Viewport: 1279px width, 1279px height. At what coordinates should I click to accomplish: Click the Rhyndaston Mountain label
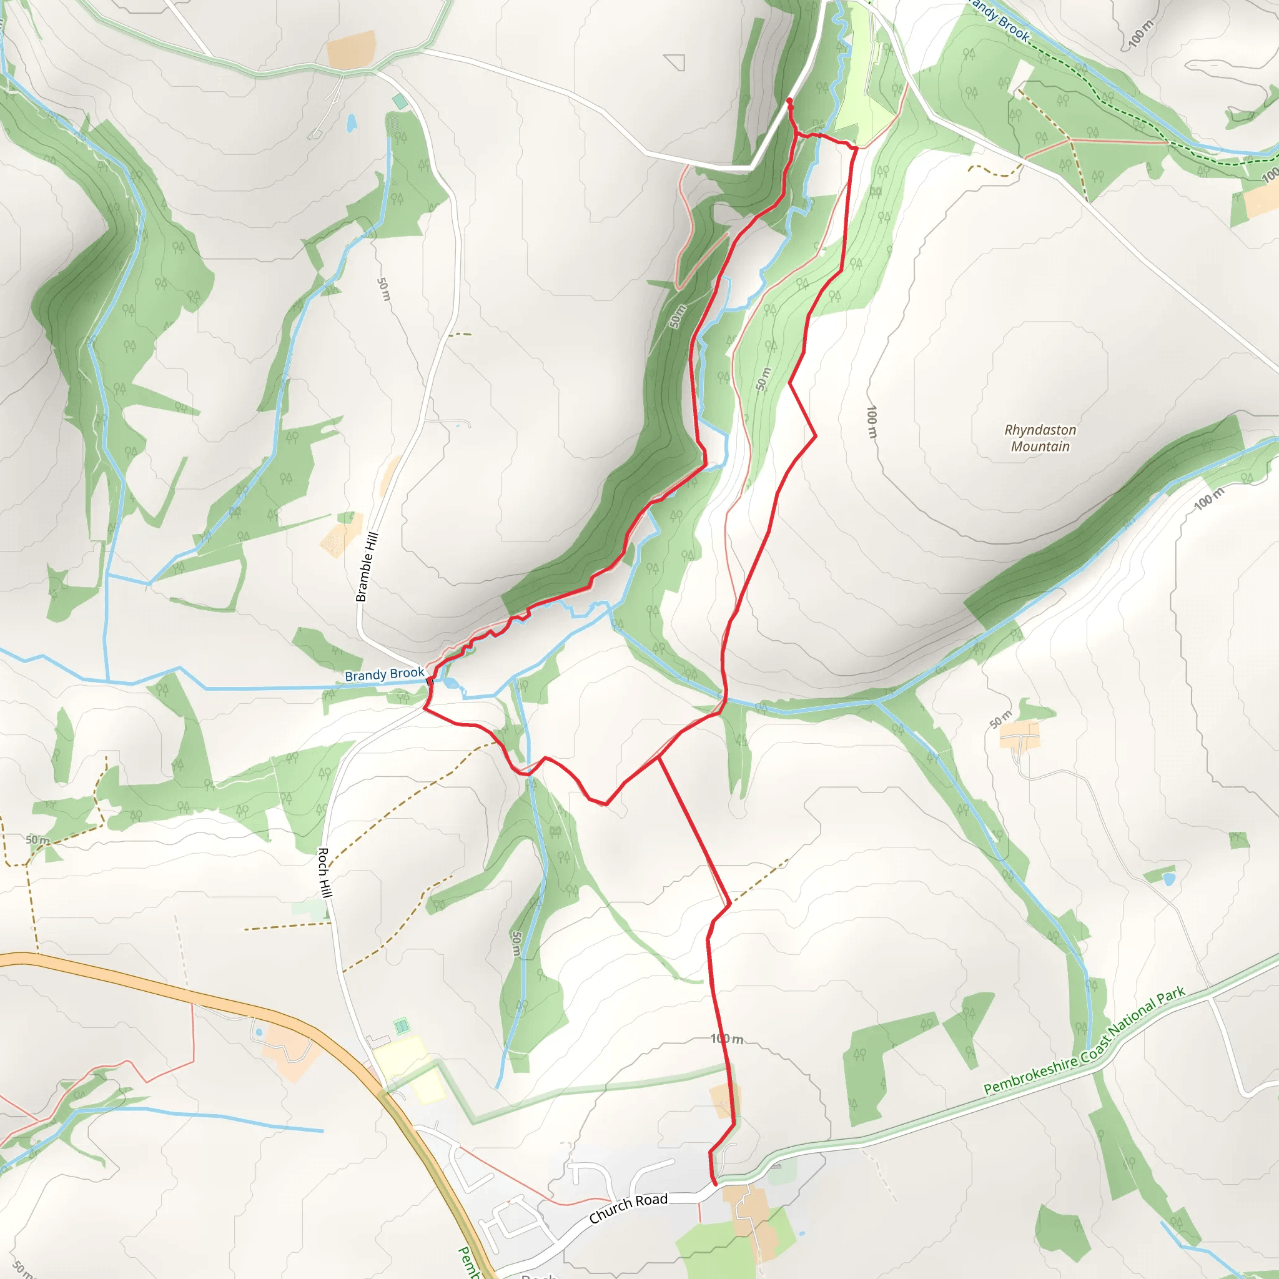[x=1040, y=438]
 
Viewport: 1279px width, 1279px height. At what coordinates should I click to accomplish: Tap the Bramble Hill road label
[x=367, y=566]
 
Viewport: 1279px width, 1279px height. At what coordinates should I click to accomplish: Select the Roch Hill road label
[x=324, y=872]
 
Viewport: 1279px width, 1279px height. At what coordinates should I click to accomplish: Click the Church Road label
[x=628, y=1208]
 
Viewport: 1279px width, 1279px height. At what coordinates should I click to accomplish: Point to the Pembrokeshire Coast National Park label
[x=1084, y=1040]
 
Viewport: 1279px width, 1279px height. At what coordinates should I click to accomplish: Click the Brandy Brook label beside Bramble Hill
[x=384, y=674]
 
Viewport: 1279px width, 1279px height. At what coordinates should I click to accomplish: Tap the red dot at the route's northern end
[x=789, y=101]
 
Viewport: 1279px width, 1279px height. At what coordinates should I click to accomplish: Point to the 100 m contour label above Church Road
[x=726, y=1039]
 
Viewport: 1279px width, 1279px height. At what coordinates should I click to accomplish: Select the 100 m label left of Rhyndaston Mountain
[x=872, y=422]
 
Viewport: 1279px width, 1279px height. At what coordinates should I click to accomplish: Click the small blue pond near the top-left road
[x=352, y=123]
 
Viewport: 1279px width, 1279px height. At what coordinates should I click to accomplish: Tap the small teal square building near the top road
[x=400, y=102]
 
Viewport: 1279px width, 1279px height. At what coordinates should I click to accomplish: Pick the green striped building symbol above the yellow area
[x=401, y=1027]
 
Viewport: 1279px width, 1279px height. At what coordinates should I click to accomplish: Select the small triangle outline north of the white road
[x=675, y=62]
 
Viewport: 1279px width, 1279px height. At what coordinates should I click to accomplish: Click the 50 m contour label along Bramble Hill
[x=384, y=289]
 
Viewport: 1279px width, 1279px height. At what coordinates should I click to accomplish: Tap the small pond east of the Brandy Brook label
[x=452, y=683]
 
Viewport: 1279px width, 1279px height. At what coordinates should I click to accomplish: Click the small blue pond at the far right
[x=1169, y=879]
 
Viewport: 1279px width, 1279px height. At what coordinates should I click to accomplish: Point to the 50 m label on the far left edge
[x=37, y=840]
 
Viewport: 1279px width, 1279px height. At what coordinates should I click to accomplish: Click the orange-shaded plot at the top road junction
[x=352, y=50]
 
